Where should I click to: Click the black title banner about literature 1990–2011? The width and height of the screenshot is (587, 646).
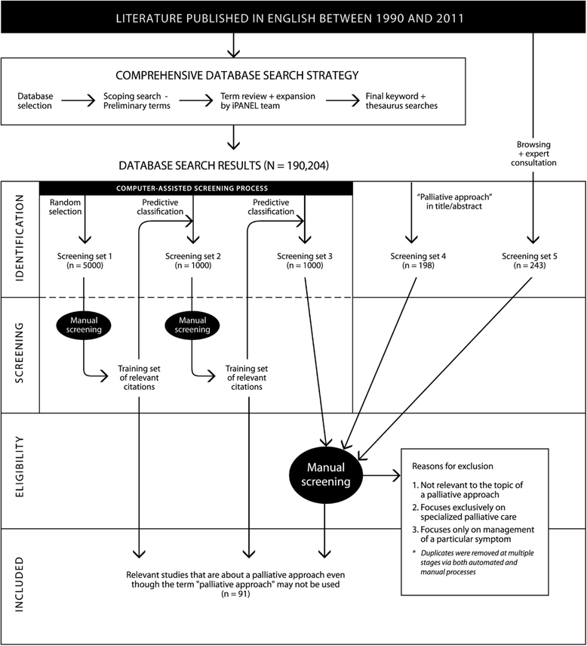(x=292, y=17)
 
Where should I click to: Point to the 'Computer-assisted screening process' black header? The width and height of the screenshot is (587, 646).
(x=195, y=188)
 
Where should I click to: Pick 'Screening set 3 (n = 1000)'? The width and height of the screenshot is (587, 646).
(x=303, y=261)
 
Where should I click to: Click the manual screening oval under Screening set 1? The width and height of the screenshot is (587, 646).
(x=83, y=326)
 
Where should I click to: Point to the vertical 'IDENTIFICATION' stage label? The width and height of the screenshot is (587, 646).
(x=20, y=238)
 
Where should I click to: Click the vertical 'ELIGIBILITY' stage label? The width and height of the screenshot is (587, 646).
(x=20, y=471)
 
